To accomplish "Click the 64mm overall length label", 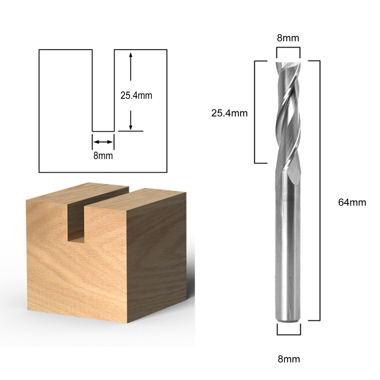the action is pyautogui.click(x=352, y=202).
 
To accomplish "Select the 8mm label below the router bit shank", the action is pyautogui.click(x=289, y=359).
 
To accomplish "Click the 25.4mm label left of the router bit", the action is pyautogui.click(x=230, y=113).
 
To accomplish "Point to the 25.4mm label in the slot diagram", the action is pyautogui.click(x=136, y=96).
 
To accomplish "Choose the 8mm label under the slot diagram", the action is pyautogui.click(x=103, y=156).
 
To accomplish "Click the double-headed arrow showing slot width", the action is pyautogui.click(x=103, y=142).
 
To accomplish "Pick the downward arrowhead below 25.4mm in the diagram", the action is pyautogui.click(x=130, y=127).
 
